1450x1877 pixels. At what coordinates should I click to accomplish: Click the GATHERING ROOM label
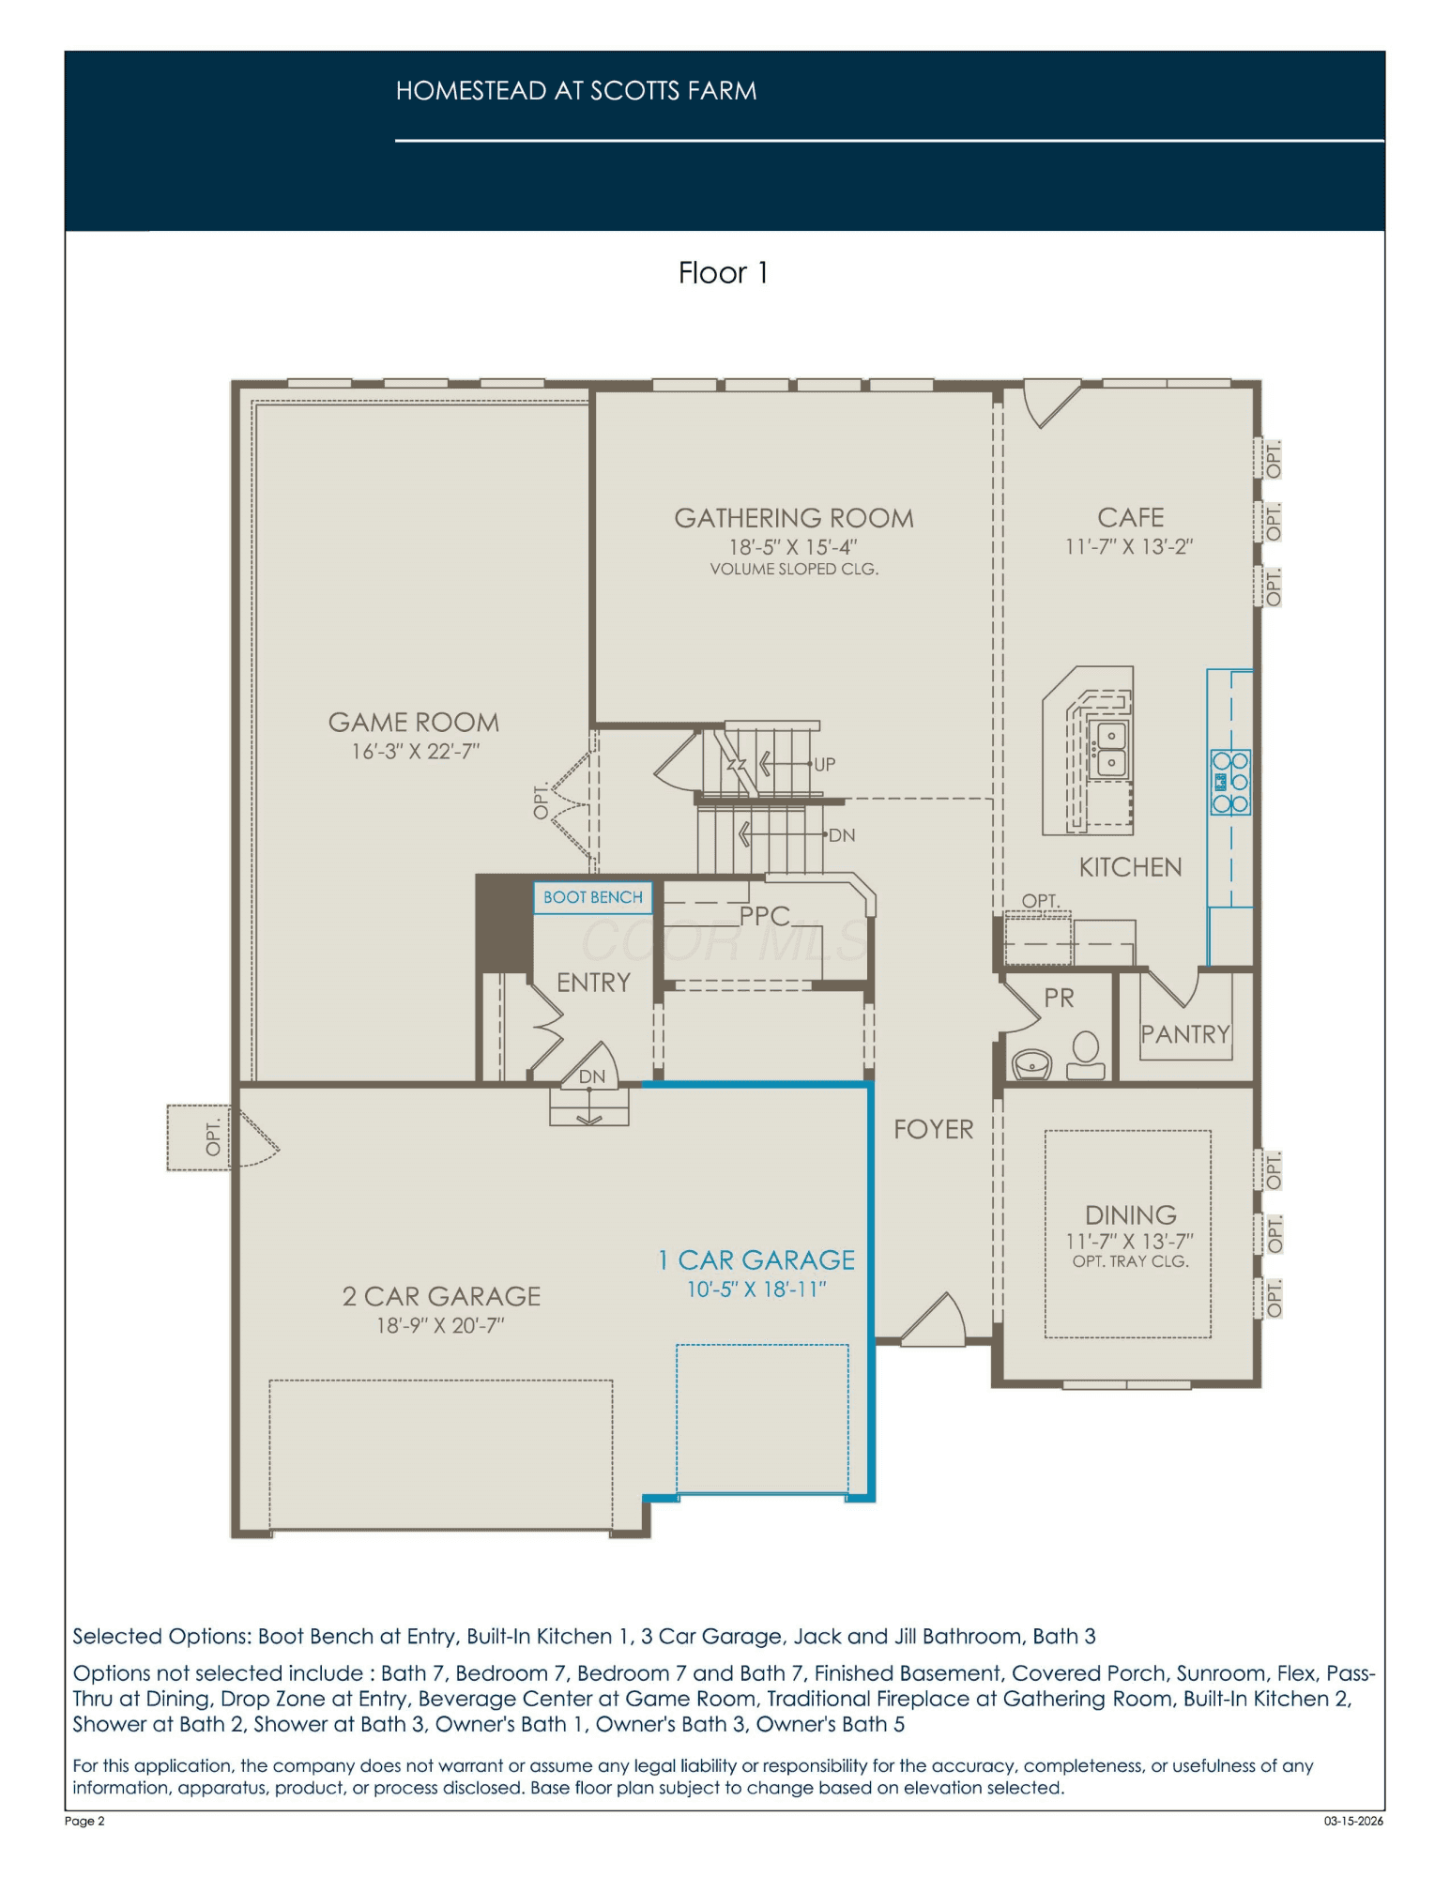[793, 518]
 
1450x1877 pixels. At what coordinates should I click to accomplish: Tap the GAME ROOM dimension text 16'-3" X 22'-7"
[415, 752]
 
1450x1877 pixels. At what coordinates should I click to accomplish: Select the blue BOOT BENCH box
[592, 897]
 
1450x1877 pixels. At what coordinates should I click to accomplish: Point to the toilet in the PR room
[1085, 1057]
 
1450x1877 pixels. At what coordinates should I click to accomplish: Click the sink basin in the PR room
[1032, 1063]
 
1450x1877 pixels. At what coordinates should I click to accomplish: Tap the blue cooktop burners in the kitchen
[1230, 782]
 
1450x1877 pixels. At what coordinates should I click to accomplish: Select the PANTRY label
[1185, 1034]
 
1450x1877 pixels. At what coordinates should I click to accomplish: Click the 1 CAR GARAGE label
[756, 1259]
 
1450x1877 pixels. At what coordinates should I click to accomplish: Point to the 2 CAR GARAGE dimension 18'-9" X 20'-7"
[441, 1325]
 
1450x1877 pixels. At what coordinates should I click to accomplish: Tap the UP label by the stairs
[824, 764]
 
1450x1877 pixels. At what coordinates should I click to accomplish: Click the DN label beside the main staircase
[842, 834]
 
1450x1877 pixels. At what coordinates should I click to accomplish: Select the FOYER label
[933, 1129]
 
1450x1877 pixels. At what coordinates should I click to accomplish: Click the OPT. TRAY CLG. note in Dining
[1130, 1261]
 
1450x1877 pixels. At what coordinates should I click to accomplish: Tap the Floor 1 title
[724, 273]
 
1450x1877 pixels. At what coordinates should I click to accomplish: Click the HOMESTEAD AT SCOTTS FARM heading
[576, 91]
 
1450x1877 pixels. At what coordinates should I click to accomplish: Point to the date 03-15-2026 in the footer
[1353, 1821]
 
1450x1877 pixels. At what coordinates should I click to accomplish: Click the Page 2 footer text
[84, 1821]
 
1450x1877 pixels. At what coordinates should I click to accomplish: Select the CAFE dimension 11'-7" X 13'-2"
[1129, 546]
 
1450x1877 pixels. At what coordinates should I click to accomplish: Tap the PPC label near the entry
[765, 916]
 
